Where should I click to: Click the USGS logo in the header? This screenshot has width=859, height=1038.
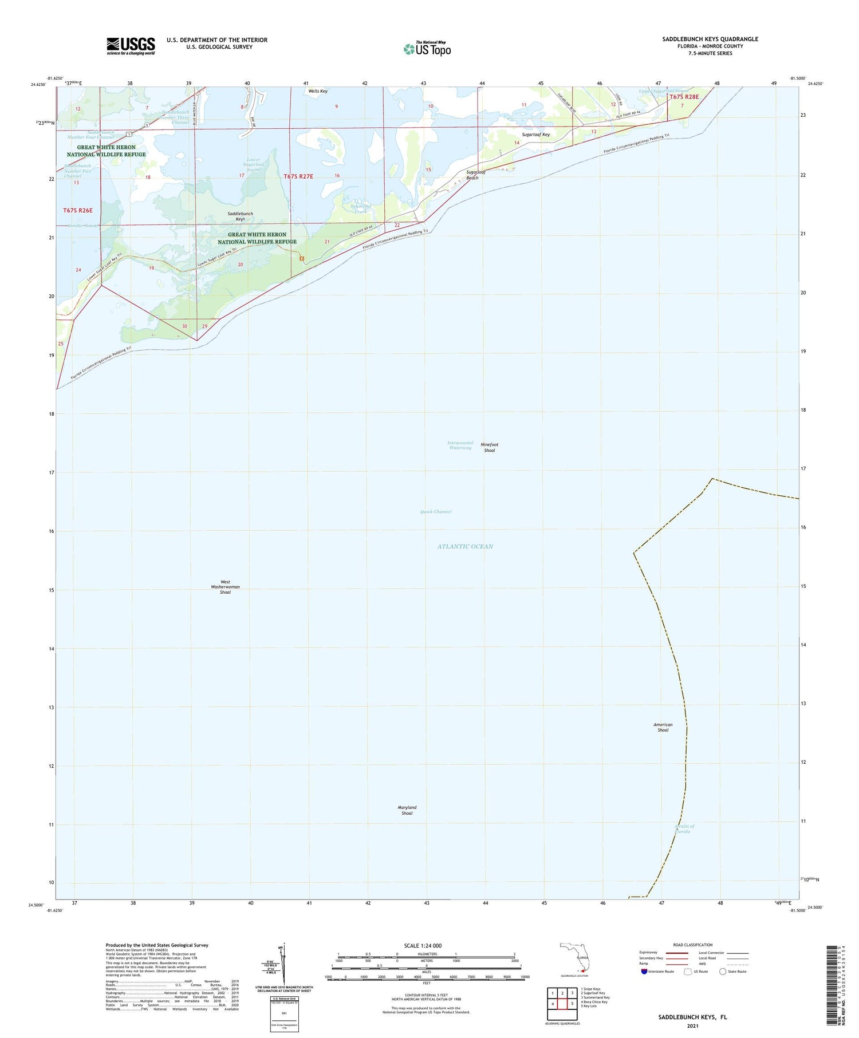(x=131, y=46)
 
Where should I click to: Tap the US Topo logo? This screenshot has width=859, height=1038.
(x=427, y=49)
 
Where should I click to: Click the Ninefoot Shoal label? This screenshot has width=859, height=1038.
(x=489, y=447)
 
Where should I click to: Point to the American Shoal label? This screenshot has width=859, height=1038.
(x=663, y=727)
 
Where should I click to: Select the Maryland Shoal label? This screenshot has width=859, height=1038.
(x=407, y=810)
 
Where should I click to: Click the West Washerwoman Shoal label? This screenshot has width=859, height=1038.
(x=225, y=587)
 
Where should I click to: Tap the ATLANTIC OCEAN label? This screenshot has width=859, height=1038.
(x=465, y=546)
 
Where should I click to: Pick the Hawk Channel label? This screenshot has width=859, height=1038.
(x=436, y=512)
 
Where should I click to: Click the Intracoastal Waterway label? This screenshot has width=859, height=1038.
(x=460, y=445)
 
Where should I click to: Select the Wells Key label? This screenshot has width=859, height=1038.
(x=318, y=91)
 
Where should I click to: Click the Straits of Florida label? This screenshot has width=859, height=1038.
(x=685, y=828)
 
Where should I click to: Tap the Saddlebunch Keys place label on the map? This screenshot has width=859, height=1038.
(x=240, y=216)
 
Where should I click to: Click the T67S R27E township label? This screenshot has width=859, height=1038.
(x=298, y=176)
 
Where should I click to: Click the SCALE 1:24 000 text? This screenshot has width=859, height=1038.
(x=427, y=945)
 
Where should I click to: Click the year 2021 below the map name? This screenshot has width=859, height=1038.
(x=692, y=1025)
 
